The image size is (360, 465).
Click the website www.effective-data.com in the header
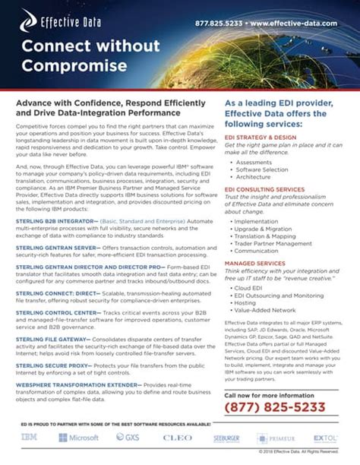tap(297, 23)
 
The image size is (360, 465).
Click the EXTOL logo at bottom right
tap(324, 438)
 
